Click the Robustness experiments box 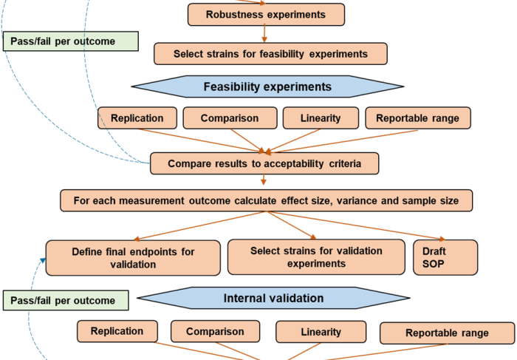(x=266, y=14)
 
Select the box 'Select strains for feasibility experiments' (x=270, y=53)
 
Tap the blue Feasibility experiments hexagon (x=267, y=87)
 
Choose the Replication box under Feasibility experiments (x=137, y=118)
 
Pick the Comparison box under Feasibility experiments (x=230, y=118)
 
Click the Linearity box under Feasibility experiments (x=321, y=118)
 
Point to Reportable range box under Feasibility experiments (x=417, y=118)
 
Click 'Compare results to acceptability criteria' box (x=264, y=163)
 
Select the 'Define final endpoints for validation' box (x=133, y=258)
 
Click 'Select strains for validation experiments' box (x=316, y=257)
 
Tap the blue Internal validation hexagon (x=273, y=299)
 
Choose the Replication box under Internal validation (x=117, y=331)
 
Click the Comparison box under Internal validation (x=215, y=332)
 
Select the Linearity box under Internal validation (x=321, y=332)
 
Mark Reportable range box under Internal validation (x=447, y=333)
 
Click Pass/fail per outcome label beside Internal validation (x=66, y=300)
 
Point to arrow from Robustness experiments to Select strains (x=264, y=33)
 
